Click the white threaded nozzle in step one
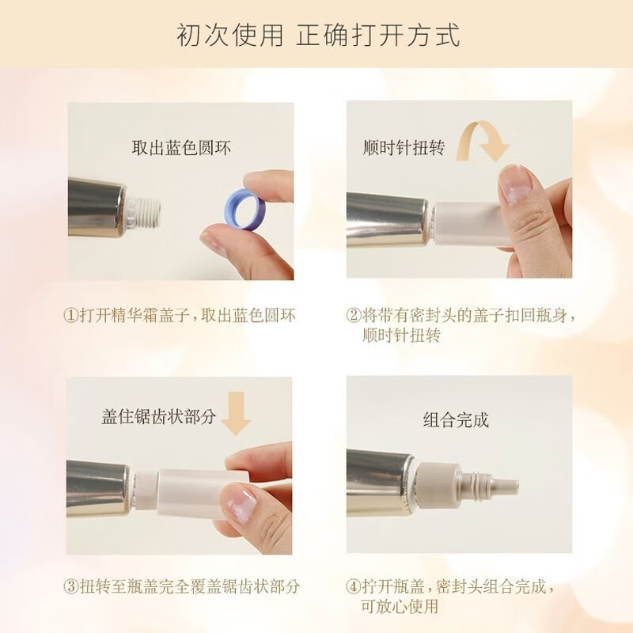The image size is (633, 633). click(148, 210)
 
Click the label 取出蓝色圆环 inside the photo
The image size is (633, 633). click(181, 147)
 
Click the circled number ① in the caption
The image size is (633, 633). click(71, 316)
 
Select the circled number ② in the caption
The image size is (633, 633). click(353, 316)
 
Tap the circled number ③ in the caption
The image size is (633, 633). click(71, 587)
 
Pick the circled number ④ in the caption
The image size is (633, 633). click(353, 587)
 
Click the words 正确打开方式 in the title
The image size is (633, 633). click(378, 36)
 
